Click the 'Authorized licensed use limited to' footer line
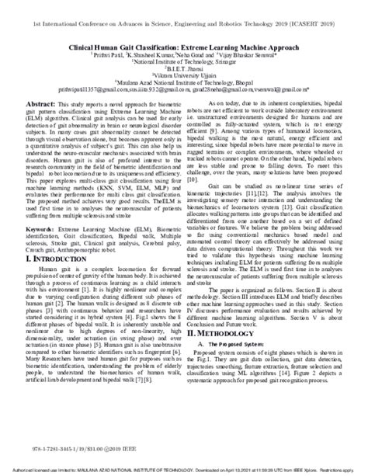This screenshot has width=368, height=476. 62,471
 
